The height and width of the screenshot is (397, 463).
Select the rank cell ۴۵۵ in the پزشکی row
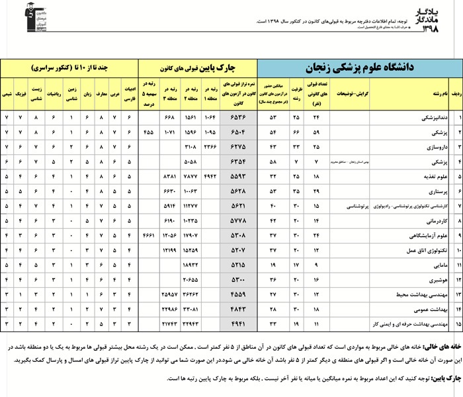click(149, 132)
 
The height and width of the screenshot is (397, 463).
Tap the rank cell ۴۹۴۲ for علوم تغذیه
click(210, 177)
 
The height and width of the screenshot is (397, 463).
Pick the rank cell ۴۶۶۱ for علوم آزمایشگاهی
click(149, 235)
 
